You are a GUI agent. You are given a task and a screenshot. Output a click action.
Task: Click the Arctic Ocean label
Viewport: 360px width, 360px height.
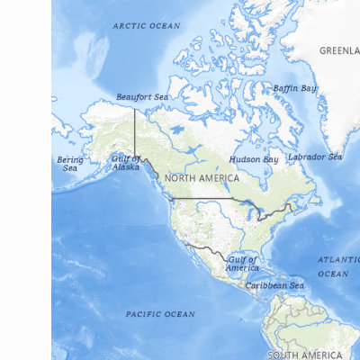(146, 26)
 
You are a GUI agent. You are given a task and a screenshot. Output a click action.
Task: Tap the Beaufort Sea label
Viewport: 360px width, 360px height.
(142, 97)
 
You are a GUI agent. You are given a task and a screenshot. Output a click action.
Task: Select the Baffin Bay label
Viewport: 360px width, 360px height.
(295, 88)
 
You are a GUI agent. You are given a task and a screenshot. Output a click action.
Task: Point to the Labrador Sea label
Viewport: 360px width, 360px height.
(314, 157)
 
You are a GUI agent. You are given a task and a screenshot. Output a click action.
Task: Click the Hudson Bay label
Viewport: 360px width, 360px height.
(254, 159)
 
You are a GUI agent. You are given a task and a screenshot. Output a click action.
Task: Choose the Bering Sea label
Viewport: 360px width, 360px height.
(70, 164)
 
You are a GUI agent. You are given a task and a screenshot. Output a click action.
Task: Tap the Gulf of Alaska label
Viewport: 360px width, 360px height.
(126, 163)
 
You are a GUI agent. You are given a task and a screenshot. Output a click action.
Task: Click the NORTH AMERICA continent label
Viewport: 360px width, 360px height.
(202, 178)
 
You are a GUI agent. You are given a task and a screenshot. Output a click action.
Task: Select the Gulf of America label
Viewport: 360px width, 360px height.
(242, 264)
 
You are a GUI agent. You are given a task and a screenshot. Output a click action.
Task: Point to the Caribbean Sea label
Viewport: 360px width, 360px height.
(275, 285)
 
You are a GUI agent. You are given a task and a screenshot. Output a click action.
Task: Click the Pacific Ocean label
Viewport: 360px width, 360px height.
(160, 314)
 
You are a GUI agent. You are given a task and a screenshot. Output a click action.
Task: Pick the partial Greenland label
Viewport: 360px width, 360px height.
(339, 51)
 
